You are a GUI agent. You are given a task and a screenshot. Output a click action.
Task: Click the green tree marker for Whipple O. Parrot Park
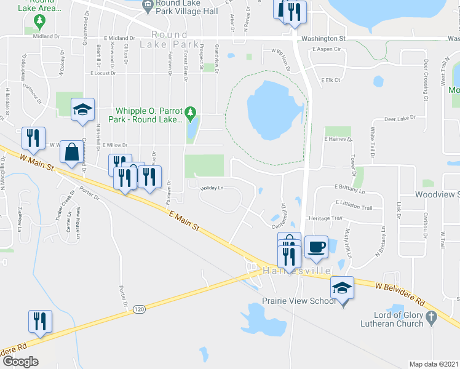(x=191, y=114)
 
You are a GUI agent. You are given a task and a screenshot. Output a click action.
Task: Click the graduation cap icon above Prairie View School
(x=343, y=287)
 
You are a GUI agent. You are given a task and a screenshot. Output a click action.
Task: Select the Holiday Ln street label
(x=210, y=188)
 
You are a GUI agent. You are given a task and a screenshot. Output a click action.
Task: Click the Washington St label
(x=324, y=38)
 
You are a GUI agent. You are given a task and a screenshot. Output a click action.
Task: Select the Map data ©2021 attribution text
(x=434, y=364)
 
